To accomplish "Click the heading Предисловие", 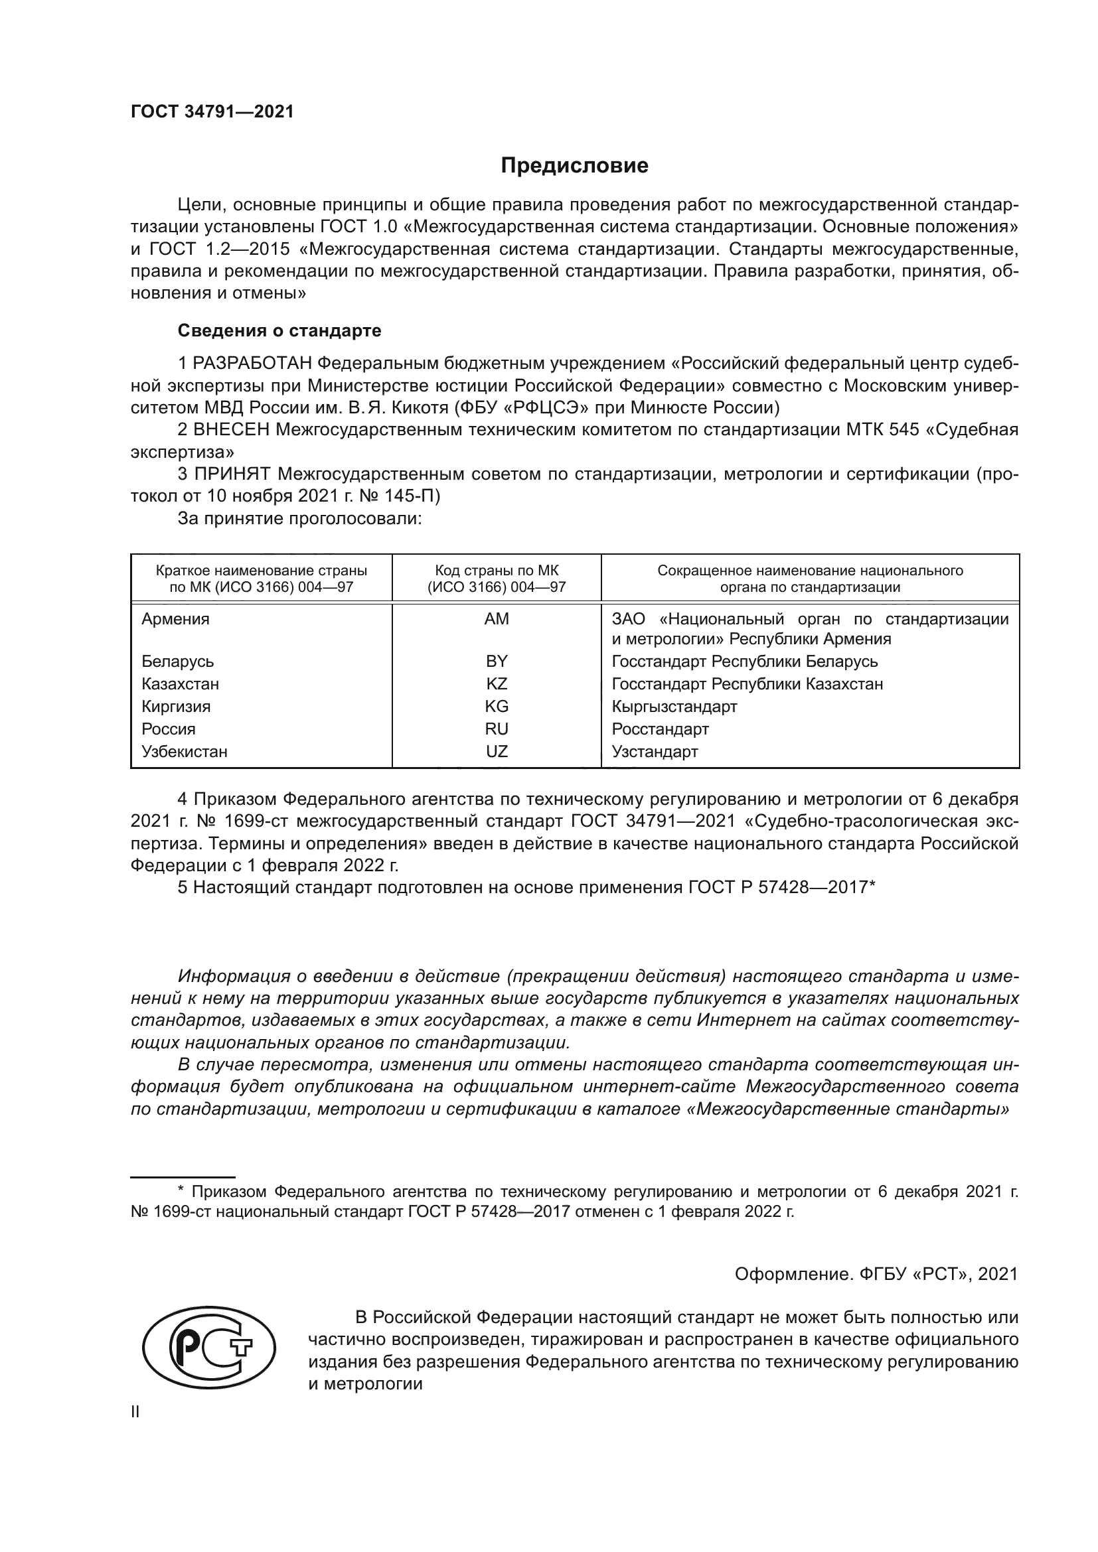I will (574, 166).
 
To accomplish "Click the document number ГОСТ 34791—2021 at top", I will (212, 112).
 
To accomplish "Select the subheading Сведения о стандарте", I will (279, 330).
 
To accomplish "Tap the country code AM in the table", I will (497, 618).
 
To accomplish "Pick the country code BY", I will (497, 661).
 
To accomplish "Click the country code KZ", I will (497, 683).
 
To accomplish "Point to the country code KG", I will (497, 707).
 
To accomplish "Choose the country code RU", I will (497, 729).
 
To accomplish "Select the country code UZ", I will (497, 751).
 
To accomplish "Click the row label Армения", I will (175, 618).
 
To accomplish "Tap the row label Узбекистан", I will (184, 751).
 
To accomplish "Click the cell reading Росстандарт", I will (660, 729).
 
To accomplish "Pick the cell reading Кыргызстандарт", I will (674, 707).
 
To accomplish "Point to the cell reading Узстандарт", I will (655, 751).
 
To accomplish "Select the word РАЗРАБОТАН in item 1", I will (252, 364).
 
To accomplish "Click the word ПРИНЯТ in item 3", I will (232, 474).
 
